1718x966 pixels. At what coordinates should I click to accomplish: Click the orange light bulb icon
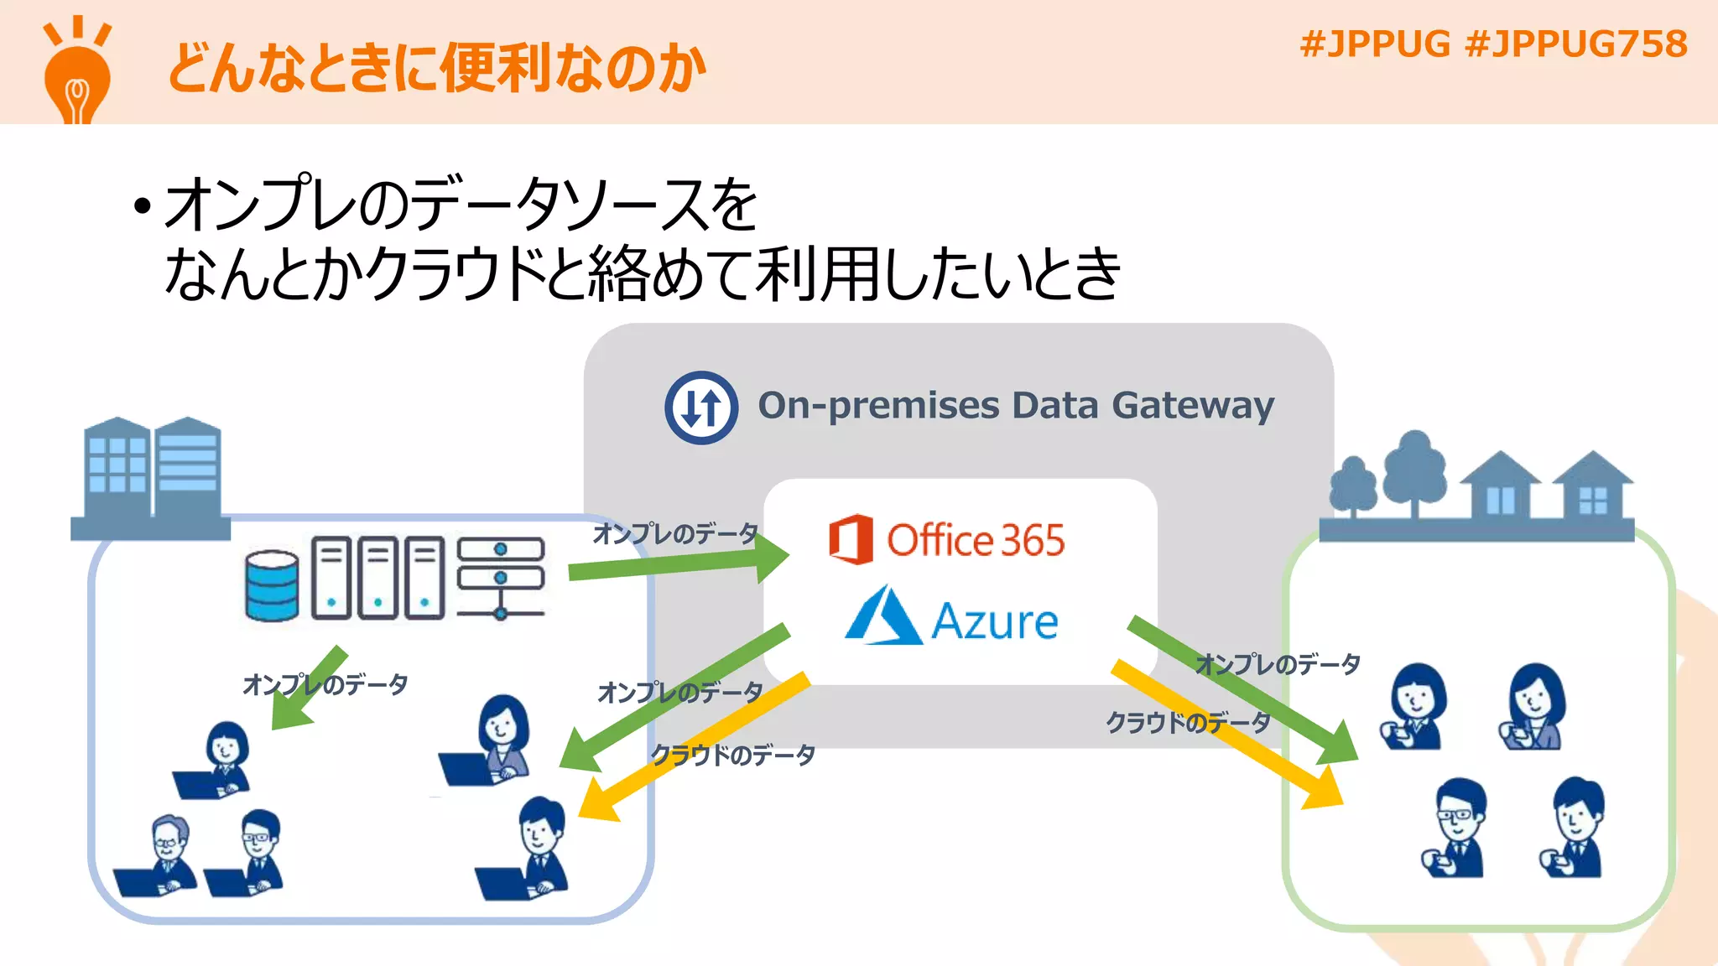[76, 75]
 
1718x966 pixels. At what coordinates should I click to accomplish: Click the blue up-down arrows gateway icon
[701, 408]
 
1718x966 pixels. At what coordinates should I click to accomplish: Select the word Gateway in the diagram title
[1192, 406]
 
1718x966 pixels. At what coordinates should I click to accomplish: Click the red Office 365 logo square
[851, 539]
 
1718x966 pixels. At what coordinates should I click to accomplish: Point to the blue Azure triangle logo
[882, 616]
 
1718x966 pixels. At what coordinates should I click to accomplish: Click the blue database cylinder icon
[272, 585]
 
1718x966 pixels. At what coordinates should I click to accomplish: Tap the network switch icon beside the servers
[501, 577]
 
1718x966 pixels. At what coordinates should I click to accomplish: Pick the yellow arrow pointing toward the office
[696, 746]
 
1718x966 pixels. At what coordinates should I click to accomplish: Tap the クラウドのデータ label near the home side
[1187, 722]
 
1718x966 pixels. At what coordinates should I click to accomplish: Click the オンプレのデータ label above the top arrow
[675, 533]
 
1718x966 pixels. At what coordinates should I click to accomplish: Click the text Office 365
[976, 540]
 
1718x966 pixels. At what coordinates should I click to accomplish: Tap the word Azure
[995, 621]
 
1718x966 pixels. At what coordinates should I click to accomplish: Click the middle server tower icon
[378, 578]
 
